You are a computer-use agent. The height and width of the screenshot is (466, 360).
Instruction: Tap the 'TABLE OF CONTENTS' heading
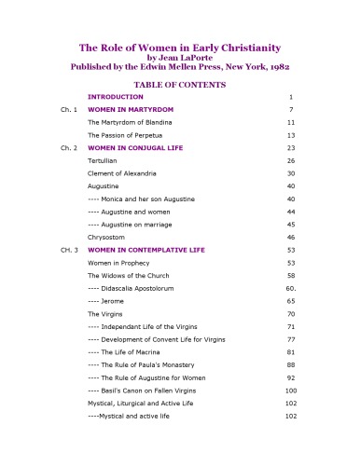[x=180, y=84]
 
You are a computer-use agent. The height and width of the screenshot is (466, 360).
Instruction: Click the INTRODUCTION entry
[x=117, y=97]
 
